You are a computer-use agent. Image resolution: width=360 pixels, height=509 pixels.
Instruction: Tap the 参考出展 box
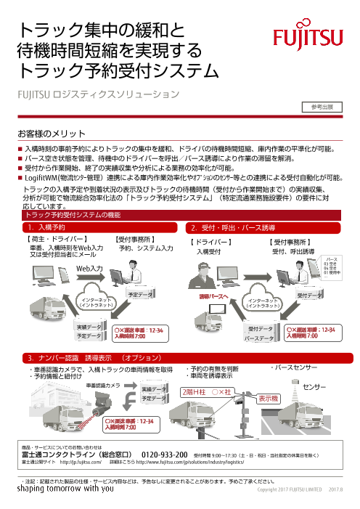(x=321, y=107)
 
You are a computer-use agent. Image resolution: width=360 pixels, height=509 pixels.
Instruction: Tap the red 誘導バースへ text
(x=214, y=297)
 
